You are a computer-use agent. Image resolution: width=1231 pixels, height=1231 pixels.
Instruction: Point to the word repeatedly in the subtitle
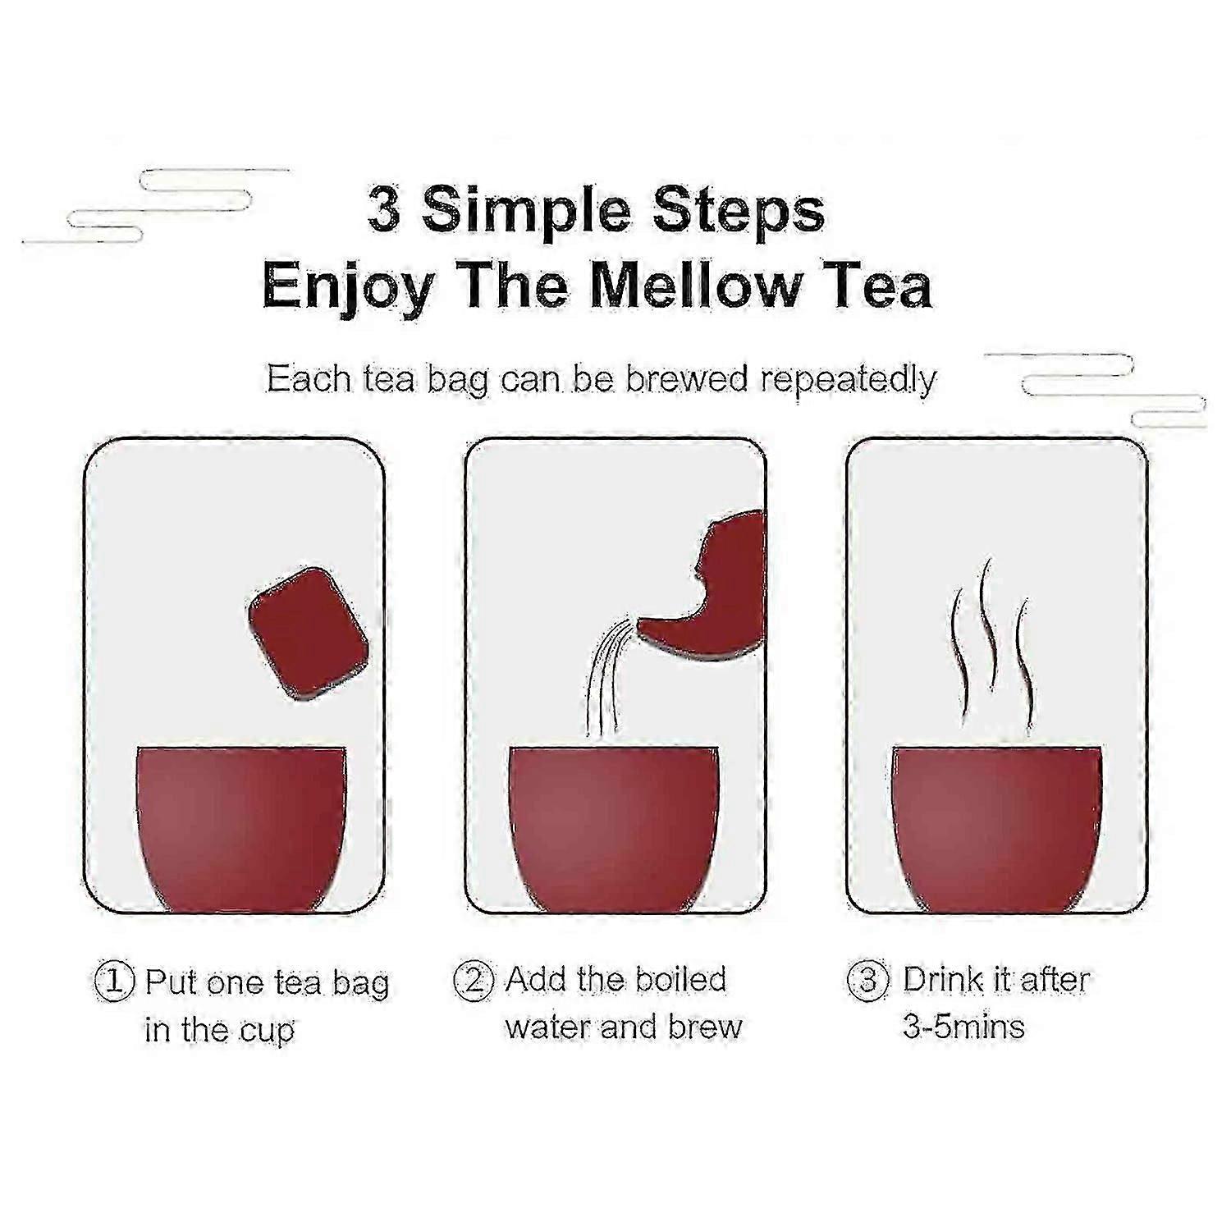coord(849,380)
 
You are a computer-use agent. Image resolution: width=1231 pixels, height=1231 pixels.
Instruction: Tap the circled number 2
coord(474,980)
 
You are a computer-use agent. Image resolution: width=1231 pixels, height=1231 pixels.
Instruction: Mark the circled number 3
coord(867,980)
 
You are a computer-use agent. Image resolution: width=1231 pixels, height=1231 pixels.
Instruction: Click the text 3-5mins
coord(964,1026)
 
